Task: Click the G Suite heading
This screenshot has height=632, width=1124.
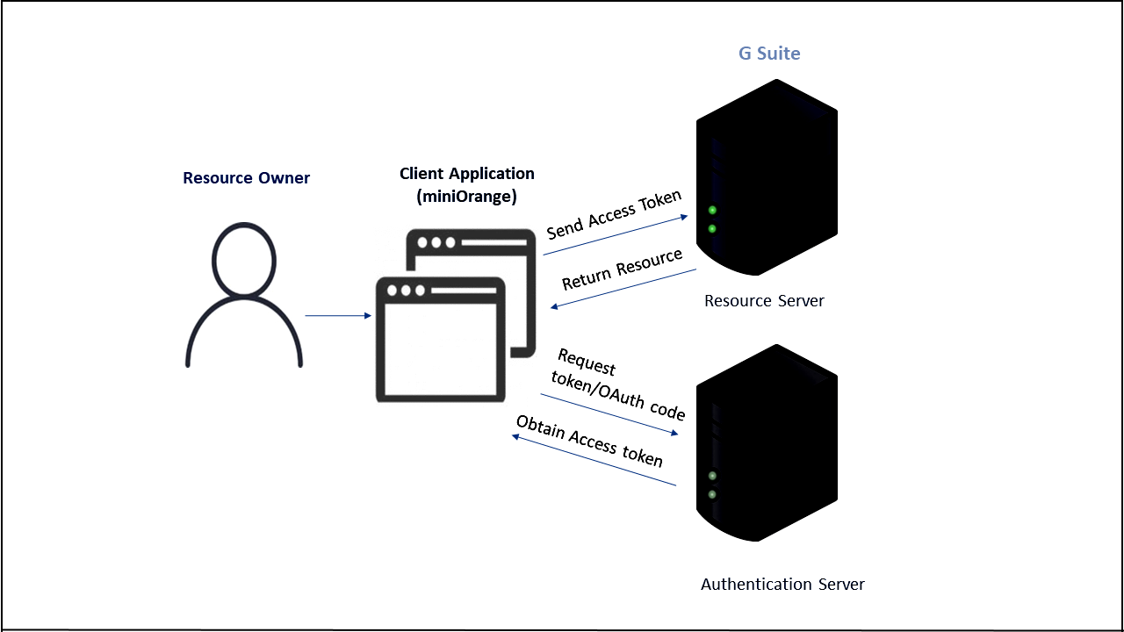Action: coord(769,54)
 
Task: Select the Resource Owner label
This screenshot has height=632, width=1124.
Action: coord(246,178)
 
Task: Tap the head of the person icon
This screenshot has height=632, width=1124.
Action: coord(244,260)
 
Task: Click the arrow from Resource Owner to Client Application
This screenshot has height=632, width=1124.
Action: coord(338,315)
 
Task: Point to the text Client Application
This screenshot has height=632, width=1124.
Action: coord(466,174)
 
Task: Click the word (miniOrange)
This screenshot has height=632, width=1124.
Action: coord(466,197)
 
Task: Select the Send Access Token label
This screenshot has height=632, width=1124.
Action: coord(614,214)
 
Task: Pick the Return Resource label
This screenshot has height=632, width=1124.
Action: coord(622,269)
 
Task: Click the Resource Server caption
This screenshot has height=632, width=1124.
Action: coord(764,301)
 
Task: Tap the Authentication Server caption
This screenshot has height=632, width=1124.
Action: coord(782,584)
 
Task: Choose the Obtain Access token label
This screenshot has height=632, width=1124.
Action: coord(589,441)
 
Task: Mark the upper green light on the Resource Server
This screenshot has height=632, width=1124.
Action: coord(712,210)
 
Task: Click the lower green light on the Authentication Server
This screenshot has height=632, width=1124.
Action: coord(712,494)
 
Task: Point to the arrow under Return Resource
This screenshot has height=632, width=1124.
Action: coord(623,288)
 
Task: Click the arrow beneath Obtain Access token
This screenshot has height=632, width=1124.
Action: coord(594,460)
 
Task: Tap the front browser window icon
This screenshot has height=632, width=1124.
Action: coord(440,340)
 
